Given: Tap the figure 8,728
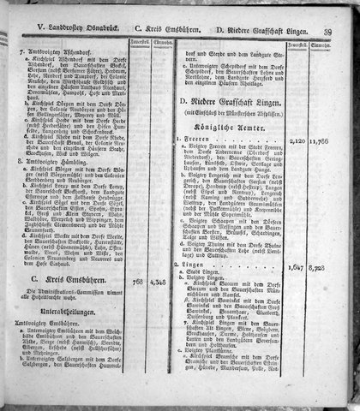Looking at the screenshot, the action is point(322,243).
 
